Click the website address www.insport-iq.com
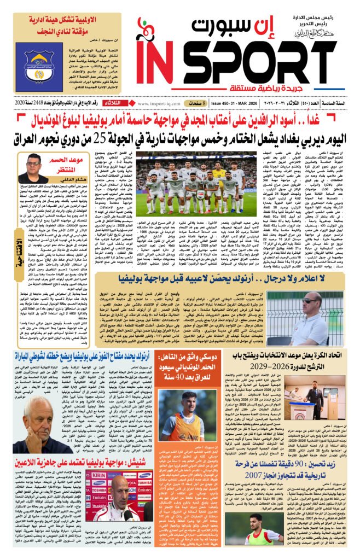(x=160, y=103)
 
